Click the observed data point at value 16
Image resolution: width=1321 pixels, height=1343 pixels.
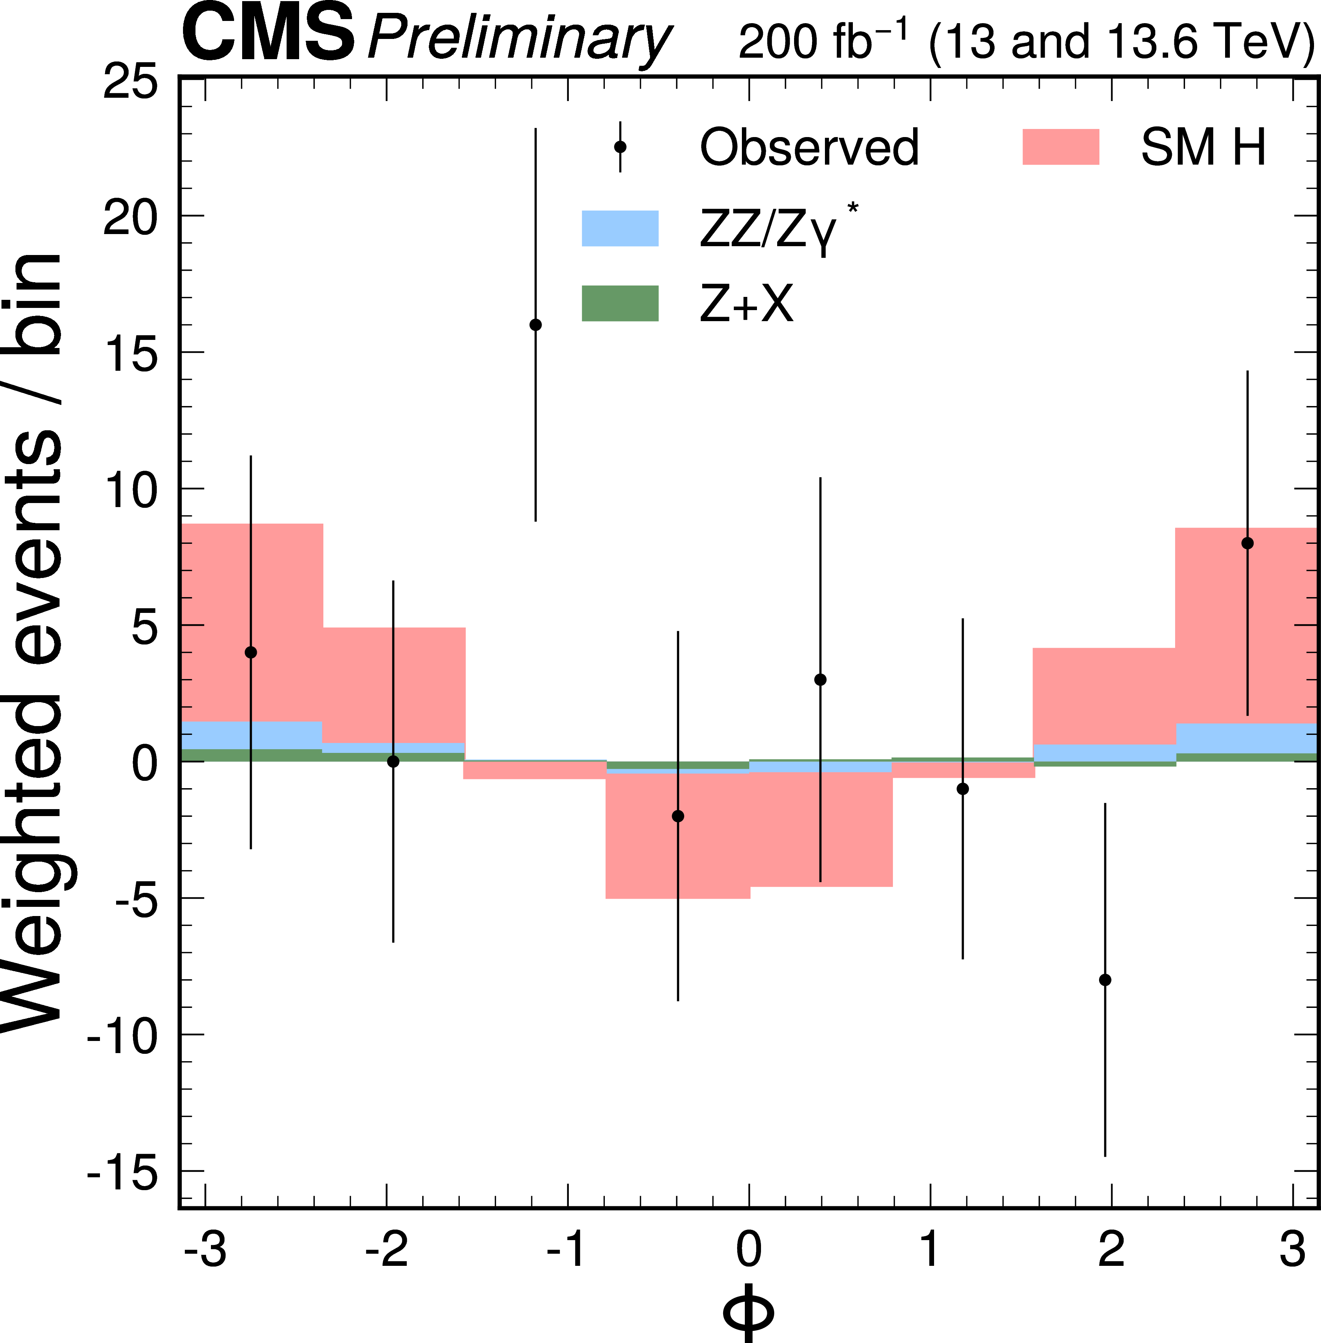[535, 325]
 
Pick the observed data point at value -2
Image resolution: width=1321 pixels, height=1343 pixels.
[678, 816]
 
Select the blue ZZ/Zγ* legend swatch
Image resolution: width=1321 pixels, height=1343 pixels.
[620, 228]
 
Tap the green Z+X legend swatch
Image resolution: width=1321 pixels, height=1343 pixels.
[620, 303]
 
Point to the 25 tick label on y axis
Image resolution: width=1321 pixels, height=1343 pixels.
[130, 85]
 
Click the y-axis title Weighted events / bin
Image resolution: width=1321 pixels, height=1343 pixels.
[33, 642]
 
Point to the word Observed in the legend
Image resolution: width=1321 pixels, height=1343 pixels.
[809, 147]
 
